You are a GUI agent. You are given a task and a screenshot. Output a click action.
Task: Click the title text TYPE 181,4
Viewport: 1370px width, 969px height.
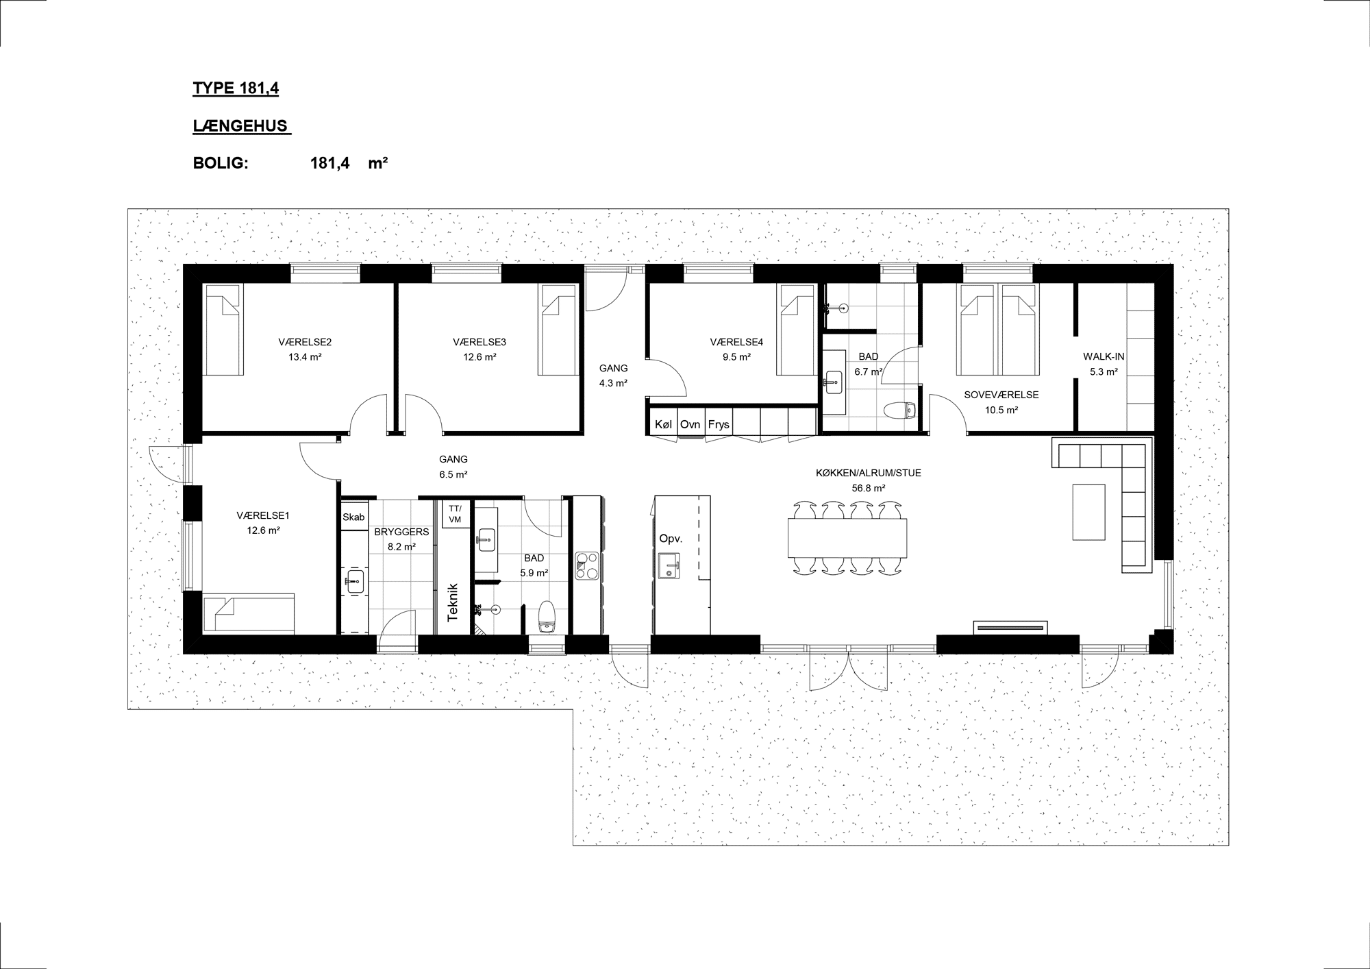click(x=236, y=88)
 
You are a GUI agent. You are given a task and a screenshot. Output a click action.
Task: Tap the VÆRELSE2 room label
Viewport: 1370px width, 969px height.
click(x=305, y=342)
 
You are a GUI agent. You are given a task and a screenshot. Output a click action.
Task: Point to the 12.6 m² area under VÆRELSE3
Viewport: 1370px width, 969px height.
click(x=480, y=357)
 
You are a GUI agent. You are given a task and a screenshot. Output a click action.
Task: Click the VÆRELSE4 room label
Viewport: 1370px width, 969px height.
click(x=736, y=342)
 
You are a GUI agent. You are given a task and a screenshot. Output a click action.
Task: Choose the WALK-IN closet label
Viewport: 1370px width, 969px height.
click(x=1104, y=357)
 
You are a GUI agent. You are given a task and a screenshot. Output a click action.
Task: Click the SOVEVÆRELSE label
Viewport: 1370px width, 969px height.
click(x=1001, y=395)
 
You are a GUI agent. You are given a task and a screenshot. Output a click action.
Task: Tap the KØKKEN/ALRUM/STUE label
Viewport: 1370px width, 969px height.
click(x=869, y=473)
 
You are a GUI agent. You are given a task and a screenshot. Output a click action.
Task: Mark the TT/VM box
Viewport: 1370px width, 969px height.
click(x=455, y=514)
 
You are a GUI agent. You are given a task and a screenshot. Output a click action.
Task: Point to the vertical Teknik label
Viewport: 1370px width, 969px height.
click(x=452, y=602)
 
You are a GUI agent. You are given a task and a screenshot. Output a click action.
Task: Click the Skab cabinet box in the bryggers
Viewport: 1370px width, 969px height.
click(x=353, y=517)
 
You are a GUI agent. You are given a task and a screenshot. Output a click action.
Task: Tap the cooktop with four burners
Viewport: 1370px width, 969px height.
click(x=586, y=566)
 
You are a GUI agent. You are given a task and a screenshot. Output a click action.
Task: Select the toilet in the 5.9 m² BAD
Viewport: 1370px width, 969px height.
click(x=547, y=615)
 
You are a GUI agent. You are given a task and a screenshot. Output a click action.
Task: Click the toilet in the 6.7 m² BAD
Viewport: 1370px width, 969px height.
click(x=899, y=410)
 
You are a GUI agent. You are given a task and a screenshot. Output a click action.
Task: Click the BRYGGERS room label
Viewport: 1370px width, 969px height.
click(x=401, y=532)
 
